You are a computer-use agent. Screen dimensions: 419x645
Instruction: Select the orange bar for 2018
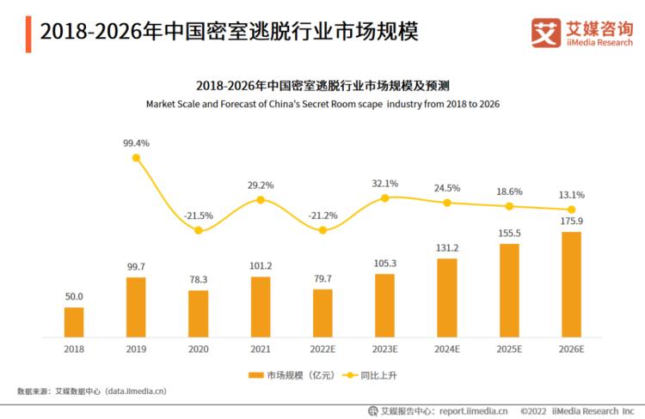[74, 321]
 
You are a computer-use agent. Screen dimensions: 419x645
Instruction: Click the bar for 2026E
[571, 283]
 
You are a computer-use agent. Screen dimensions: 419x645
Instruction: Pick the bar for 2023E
[384, 305]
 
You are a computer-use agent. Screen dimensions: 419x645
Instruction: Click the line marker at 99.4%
[136, 158]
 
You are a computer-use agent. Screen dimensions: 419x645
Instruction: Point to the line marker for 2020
[199, 230]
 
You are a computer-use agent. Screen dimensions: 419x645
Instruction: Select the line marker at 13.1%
[571, 209]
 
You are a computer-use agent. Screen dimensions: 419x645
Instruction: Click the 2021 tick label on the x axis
[261, 349]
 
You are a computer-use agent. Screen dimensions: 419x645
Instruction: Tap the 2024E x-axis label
[447, 349]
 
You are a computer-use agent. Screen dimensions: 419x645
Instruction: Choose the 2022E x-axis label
[322, 349]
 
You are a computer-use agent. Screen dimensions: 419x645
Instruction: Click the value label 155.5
[509, 233]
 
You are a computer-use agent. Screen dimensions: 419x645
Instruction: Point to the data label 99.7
[136, 267]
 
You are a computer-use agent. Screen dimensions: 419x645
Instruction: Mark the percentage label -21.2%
[322, 215]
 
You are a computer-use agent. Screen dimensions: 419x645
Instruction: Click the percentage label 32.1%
[384, 183]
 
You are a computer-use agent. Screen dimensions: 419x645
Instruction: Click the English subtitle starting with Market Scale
[322, 103]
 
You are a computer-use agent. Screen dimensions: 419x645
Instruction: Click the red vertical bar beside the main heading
[28, 33]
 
